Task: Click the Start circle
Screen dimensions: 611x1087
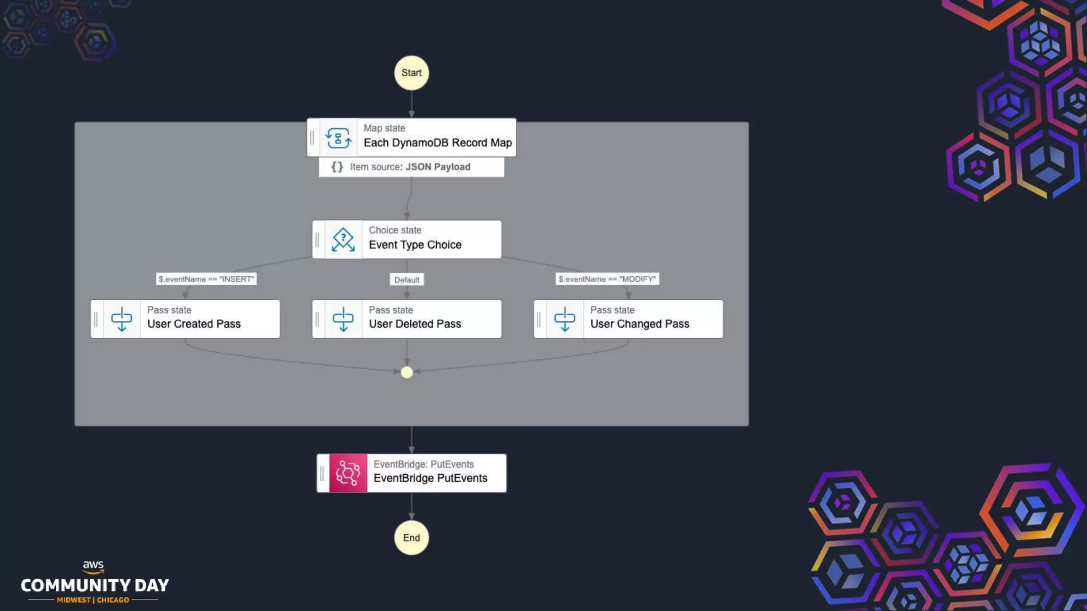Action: [x=411, y=73]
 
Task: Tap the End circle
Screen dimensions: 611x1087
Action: [x=411, y=537]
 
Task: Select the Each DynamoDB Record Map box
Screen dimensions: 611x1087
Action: [x=437, y=137]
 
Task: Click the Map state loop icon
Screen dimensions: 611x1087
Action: [x=338, y=138]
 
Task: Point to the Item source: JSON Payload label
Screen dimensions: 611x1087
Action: [x=410, y=167]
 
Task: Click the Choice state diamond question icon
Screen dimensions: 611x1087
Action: [x=343, y=240]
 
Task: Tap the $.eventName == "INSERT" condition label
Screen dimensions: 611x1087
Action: [x=206, y=279]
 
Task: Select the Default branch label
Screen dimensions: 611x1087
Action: [x=407, y=280]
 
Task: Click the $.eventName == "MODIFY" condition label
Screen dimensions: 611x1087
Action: [x=607, y=279]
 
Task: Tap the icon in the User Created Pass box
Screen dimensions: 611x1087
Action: [x=122, y=319]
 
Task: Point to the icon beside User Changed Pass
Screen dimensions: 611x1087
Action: [x=564, y=319]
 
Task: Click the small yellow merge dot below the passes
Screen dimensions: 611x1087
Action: [x=407, y=372]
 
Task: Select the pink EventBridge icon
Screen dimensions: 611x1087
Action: [x=348, y=473]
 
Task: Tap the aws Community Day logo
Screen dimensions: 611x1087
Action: [x=94, y=583]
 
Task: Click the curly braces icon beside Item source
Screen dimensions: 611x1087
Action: [x=337, y=167]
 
